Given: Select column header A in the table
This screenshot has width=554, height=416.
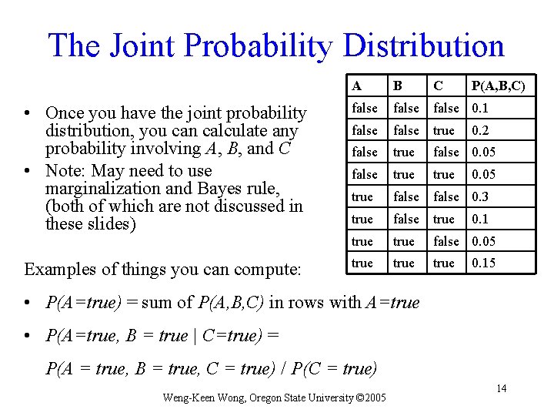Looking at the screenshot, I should click(x=357, y=86).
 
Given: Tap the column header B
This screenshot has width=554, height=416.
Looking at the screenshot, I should click(x=397, y=86).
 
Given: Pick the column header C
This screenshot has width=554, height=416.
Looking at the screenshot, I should click(x=438, y=86).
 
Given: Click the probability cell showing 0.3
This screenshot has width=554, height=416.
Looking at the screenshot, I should click(x=480, y=197).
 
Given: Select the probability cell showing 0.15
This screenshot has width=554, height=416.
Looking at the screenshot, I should click(x=483, y=263).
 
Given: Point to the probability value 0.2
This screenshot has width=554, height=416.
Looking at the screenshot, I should click(x=480, y=130).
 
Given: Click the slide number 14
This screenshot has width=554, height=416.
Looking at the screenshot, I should click(x=501, y=388).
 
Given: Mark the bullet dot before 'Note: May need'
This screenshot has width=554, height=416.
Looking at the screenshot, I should click(x=27, y=171).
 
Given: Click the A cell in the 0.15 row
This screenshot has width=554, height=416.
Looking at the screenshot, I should click(x=362, y=263).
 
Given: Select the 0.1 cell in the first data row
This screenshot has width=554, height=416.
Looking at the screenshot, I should click(x=480, y=108).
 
